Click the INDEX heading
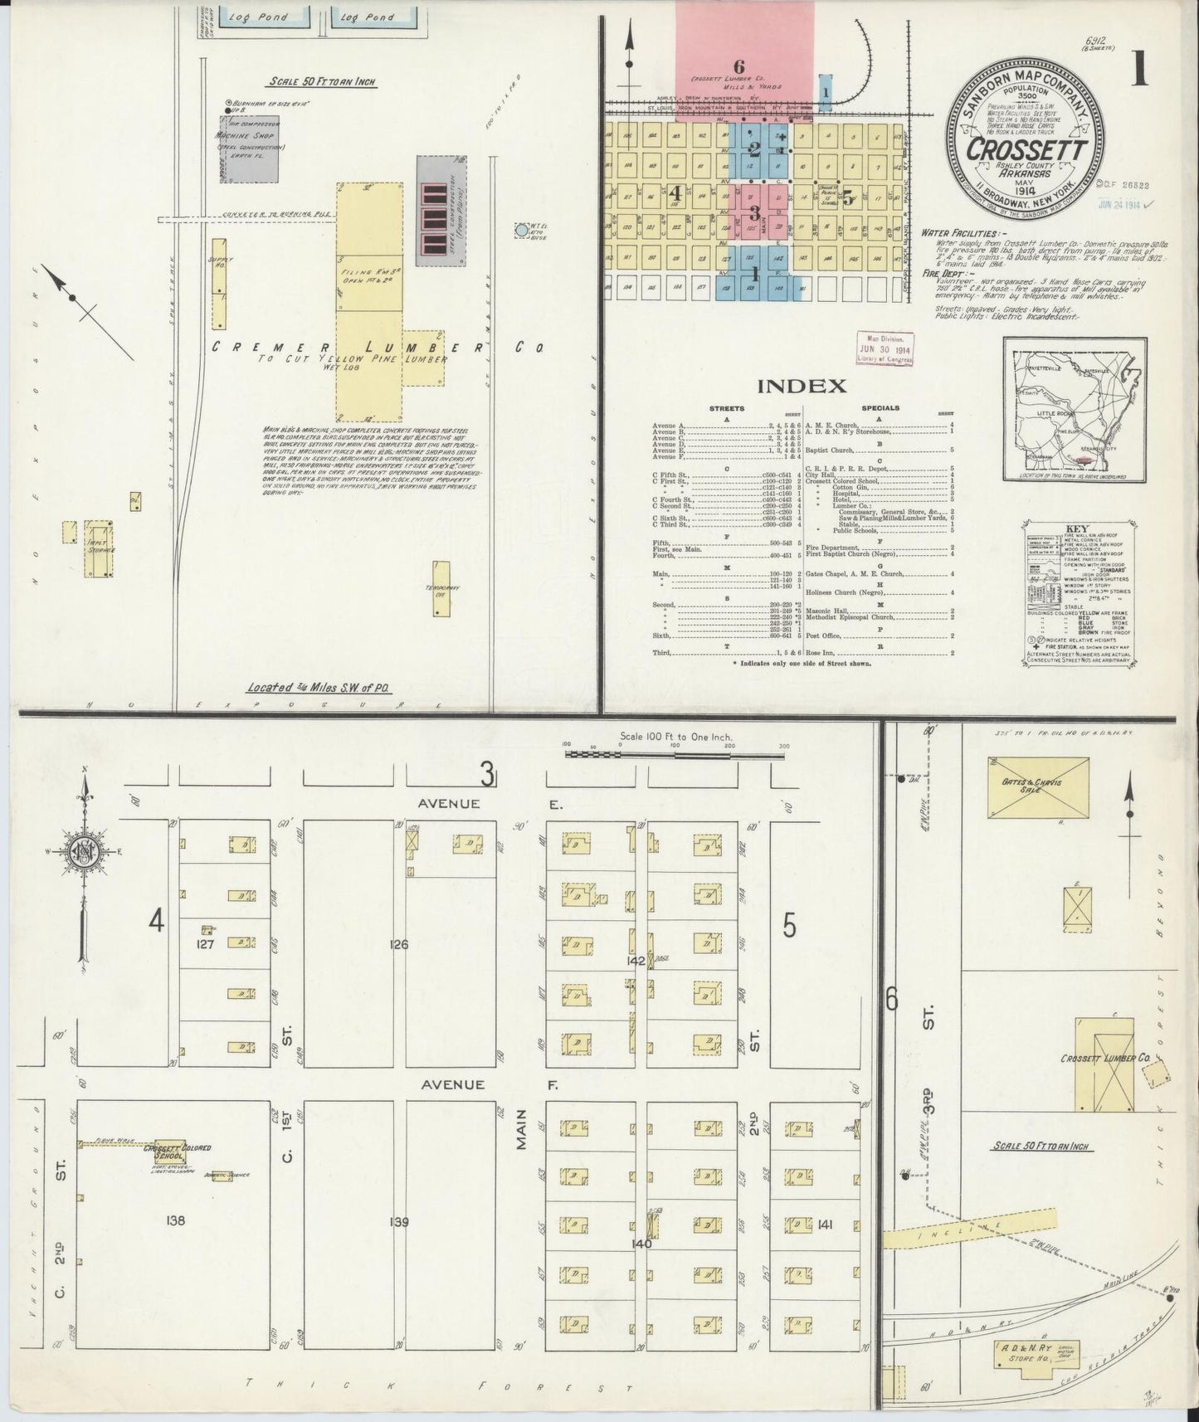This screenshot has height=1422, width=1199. pyautogui.click(x=802, y=386)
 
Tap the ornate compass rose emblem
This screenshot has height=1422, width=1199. pyautogui.click(x=84, y=855)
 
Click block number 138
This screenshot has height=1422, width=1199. pyautogui.click(x=175, y=1220)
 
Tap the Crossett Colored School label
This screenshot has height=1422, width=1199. pyautogui.click(x=177, y=1152)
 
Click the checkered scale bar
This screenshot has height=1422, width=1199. pyautogui.click(x=675, y=753)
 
